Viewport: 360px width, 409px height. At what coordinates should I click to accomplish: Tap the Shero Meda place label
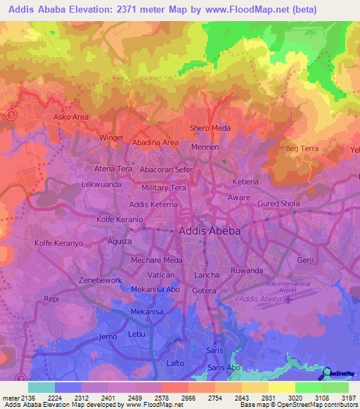(210, 128)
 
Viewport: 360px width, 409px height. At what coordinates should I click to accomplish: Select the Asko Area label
(72, 117)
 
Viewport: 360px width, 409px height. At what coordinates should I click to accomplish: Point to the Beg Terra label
(302, 148)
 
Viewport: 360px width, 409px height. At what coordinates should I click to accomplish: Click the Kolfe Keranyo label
(58, 243)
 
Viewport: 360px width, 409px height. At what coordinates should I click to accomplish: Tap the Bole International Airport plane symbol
(289, 299)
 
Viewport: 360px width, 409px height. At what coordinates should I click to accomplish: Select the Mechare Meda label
(157, 260)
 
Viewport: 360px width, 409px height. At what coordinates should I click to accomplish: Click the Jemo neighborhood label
(108, 337)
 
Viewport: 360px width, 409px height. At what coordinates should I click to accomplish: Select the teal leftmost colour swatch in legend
(41, 387)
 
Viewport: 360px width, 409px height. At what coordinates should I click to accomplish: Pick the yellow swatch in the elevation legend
(282, 387)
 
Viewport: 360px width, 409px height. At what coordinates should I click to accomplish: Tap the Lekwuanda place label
(102, 184)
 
